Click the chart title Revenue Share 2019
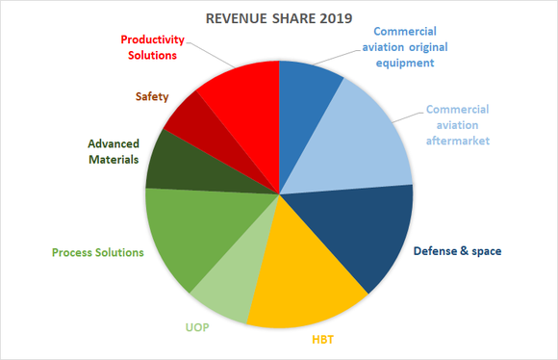click(278, 17)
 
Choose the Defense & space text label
click(457, 251)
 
